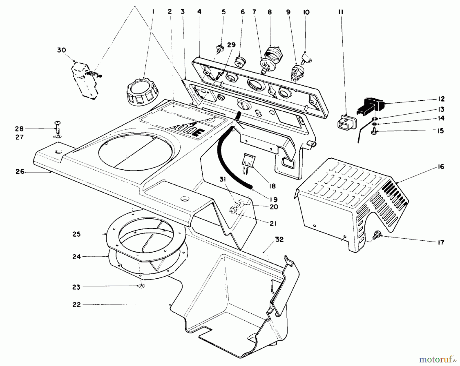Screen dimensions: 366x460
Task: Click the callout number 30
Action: (61, 50)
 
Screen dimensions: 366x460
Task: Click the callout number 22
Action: (76, 304)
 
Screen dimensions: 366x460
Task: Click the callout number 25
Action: (76, 234)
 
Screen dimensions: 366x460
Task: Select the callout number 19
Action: (273, 199)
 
